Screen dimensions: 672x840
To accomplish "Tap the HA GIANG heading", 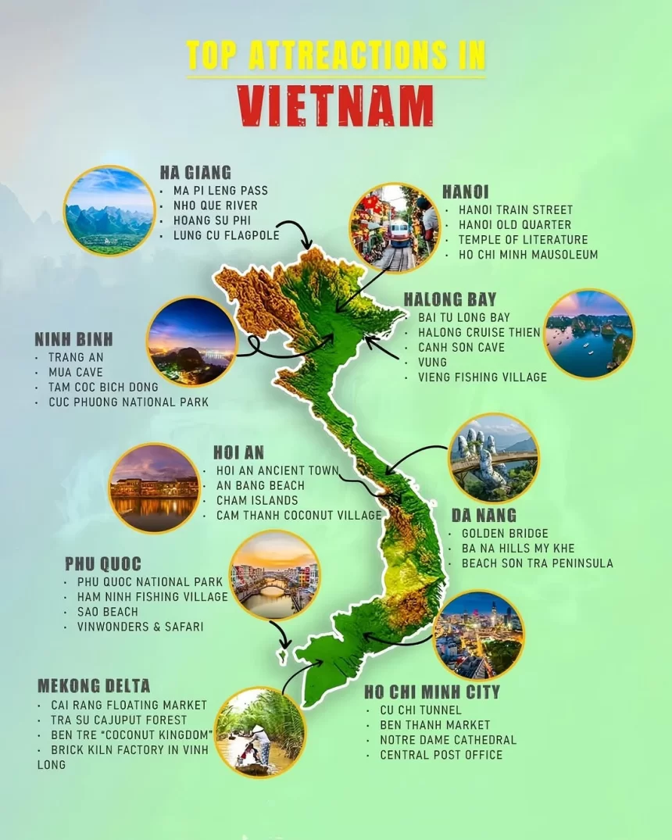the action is (x=195, y=173).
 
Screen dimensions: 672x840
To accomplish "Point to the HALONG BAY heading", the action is (x=450, y=299).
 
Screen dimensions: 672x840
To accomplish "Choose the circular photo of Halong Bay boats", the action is (x=588, y=334).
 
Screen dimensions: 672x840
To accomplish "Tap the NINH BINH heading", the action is (x=73, y=339).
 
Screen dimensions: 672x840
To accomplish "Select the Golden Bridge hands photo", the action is (x=493, y=457).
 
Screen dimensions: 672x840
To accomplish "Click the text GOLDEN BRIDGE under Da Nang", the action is (x=505, y=534).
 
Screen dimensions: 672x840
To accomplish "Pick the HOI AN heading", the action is (x=238, y=452).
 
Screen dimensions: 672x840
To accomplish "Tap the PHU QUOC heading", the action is (x=103, y=563).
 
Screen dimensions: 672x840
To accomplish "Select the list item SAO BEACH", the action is (x=107, y=612).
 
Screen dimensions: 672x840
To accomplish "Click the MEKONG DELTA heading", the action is (x=94, y=686).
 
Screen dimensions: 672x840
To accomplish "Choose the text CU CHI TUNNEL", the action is (x=420, y=710).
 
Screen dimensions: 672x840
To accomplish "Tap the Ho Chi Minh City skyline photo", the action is (x=477, y=634).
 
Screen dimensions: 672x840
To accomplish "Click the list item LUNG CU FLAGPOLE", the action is (x=226, y=235).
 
